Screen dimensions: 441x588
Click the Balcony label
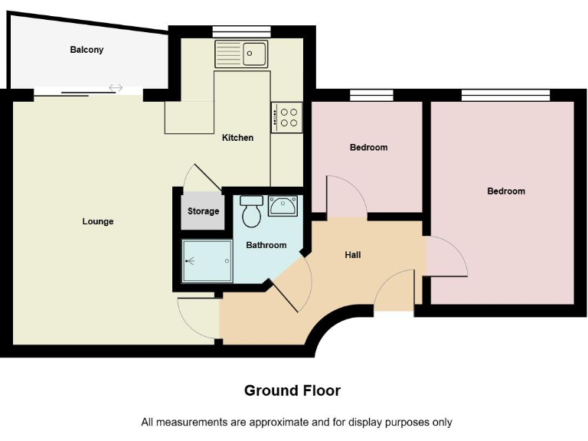(87, 50)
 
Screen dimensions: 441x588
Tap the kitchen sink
(241, 54)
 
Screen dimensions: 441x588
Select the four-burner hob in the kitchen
(286, 117)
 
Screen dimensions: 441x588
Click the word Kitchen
(237, 138)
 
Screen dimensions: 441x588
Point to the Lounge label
(98, 221)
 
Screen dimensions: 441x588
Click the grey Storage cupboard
(203, 211)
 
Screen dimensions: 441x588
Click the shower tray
(207, 260)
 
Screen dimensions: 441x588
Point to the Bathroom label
(266, 245)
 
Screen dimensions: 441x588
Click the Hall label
(353, 254)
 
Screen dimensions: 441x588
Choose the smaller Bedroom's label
(368, 147)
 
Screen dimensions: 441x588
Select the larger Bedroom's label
(506, 191)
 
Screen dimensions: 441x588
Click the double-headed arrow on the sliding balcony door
(116, 88)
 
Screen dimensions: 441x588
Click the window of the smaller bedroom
(371, 95)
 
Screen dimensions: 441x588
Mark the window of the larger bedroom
(505, 95)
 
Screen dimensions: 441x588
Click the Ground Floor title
(292, 390)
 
